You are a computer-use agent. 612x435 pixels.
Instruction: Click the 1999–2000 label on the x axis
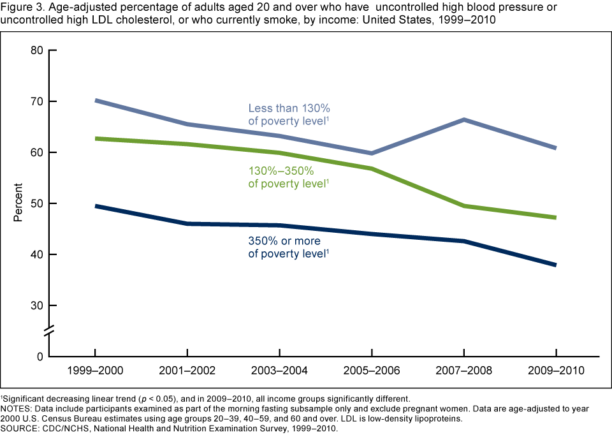(94, 371)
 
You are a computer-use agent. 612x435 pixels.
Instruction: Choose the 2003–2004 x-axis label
(279, 371)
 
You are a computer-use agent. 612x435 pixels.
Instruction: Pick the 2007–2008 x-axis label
(464, 371)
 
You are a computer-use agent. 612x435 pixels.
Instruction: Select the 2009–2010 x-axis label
(557, 371)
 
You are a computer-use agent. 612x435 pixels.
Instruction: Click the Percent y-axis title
(18, 202)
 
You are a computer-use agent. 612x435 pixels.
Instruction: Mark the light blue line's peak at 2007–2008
(464, 120)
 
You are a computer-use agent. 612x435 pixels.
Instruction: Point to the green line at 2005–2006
(372, 168)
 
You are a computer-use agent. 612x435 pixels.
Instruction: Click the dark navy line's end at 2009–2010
(556, 265)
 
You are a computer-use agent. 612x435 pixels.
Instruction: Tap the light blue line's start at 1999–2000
(95, 100)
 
